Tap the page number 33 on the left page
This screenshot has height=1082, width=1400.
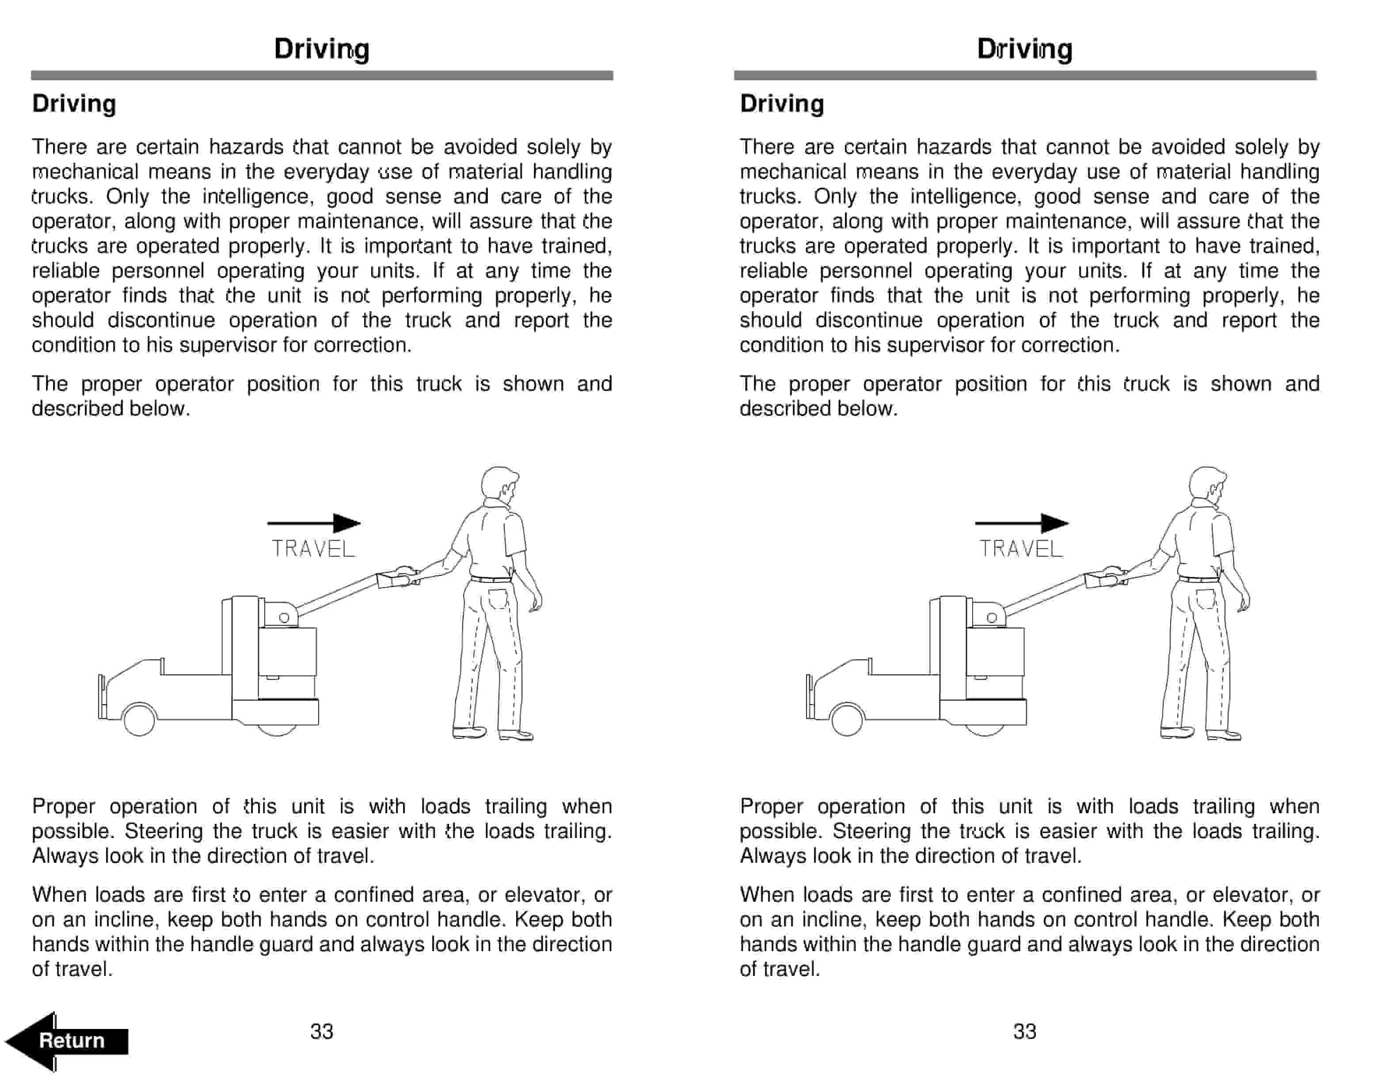321,1031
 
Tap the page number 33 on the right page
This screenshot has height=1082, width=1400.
1024,1031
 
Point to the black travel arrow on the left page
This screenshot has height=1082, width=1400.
314,523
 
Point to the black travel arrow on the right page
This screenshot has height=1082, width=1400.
1022,523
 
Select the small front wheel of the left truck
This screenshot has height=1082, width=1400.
139,719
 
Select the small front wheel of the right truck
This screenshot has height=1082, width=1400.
847,719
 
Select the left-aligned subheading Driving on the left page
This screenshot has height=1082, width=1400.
74,104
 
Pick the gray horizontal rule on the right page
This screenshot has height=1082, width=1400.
1024,76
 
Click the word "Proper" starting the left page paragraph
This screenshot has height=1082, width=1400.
64,806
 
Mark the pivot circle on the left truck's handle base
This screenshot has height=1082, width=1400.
284,618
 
